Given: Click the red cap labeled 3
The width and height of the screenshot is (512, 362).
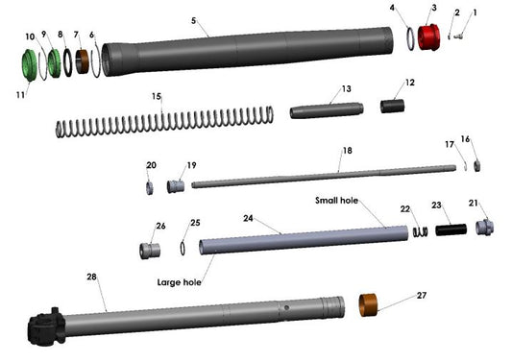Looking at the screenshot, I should pyautogui.click(x=430, y=40).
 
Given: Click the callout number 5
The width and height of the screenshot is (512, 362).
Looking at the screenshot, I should pyautogui.click(x=193, y=19).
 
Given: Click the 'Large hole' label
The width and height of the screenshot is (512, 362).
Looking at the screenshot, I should pyautogui.click(x=181, y=283).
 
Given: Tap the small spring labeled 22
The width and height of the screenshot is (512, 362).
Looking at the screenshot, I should pyautogui.click(x=420, y=231).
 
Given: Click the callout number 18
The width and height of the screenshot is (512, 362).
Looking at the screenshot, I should pyautogui.click(x=348, y=151).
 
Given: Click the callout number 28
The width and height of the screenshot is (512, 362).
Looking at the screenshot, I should pyautogui.click(x=92, y=277).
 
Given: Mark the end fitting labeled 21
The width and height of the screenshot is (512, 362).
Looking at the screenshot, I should pyautogui.click(x=484, y=229).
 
